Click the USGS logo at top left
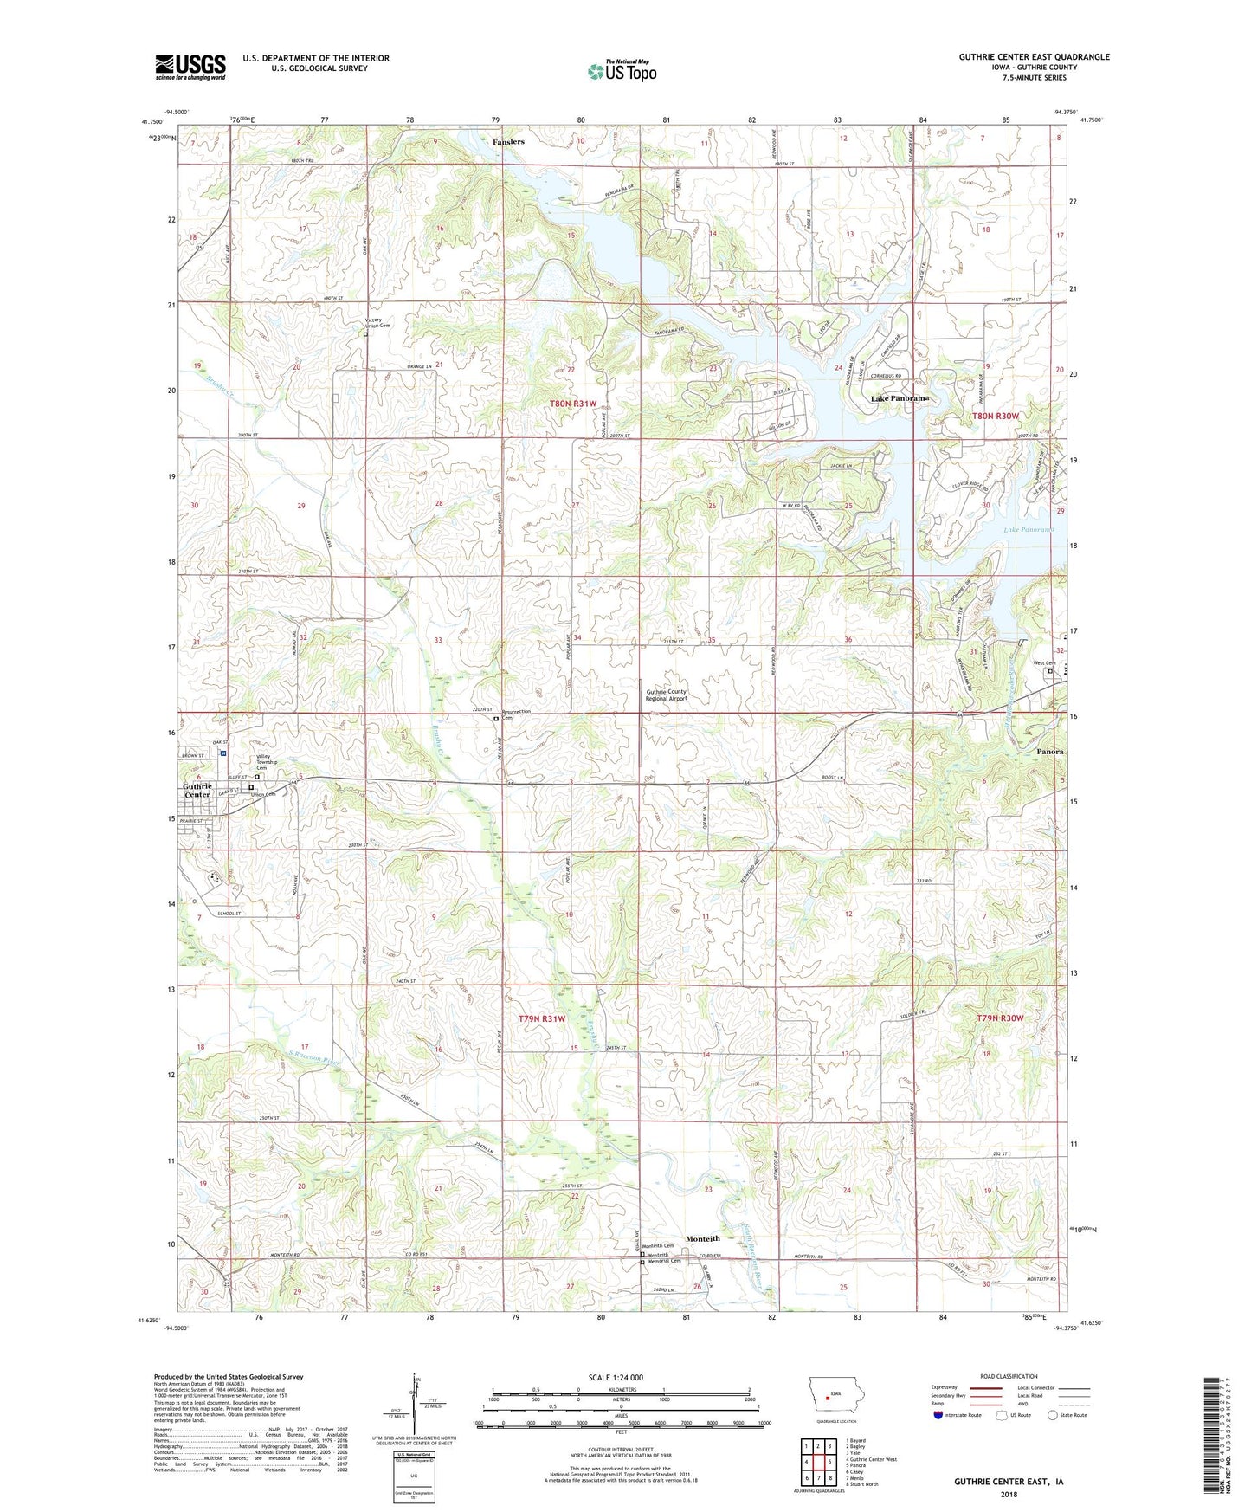190,67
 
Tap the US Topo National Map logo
622,70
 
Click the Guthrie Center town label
197,791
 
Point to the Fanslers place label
508,141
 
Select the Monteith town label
702,1238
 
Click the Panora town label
1050,752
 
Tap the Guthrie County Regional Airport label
666,695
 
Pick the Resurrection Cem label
517,714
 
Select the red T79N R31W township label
541,1019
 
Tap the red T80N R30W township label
996,416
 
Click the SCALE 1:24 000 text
616,1378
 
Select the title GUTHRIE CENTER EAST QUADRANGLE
1034,57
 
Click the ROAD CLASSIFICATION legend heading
1009,1376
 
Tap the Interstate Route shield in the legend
938,1415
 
